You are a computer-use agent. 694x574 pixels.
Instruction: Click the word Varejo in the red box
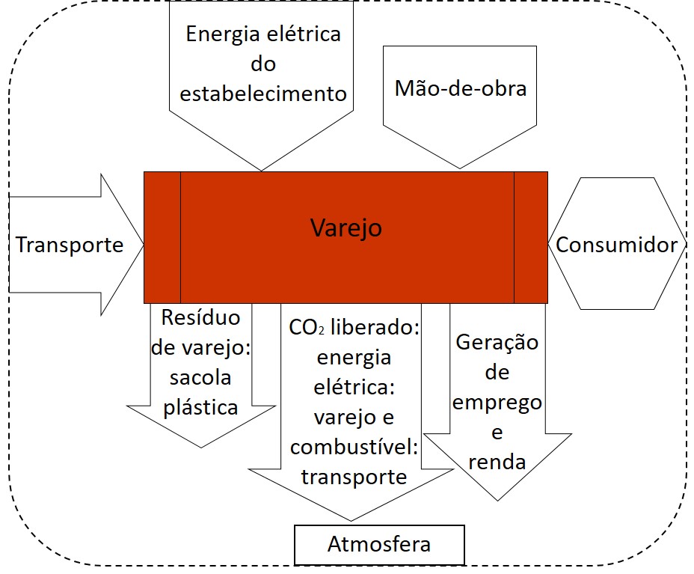click(346, 227)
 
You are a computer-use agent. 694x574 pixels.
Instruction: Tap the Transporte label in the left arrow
click(70, 245)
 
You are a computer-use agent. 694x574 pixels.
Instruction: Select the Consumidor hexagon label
click(617, 245)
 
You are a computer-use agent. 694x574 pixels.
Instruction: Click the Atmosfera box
click(379, 544)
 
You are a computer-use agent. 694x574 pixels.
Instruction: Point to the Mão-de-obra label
click(461, 88)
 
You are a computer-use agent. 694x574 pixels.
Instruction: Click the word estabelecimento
click(264, 94)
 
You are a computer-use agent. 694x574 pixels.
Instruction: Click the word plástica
click(201, 407)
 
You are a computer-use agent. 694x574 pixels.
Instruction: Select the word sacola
click(200, 377)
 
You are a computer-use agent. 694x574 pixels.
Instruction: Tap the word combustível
click(354, 447)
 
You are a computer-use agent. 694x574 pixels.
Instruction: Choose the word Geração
click(497, 344)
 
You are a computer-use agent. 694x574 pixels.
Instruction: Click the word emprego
click(497, 403)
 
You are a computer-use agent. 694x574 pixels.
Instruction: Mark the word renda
click(497, 462)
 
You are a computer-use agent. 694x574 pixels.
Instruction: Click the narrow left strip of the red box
click(162, 236)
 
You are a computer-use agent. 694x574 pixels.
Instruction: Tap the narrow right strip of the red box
click(530, 236)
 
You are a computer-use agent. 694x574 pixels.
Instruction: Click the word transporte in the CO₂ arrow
click(354, 477)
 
